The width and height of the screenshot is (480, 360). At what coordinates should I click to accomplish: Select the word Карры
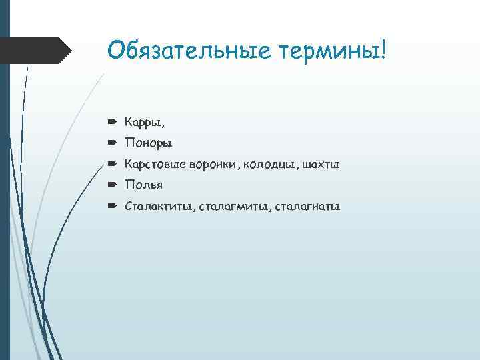[142, 123]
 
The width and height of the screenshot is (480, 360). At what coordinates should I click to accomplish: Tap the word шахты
[321, 164]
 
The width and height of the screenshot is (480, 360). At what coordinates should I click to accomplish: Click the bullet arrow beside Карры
[112, 123]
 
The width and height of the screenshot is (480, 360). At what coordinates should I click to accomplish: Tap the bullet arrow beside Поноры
[112, 143]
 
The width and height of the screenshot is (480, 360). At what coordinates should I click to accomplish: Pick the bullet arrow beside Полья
[112, 185]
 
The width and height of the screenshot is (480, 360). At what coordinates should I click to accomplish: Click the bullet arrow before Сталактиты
[112, 206]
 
